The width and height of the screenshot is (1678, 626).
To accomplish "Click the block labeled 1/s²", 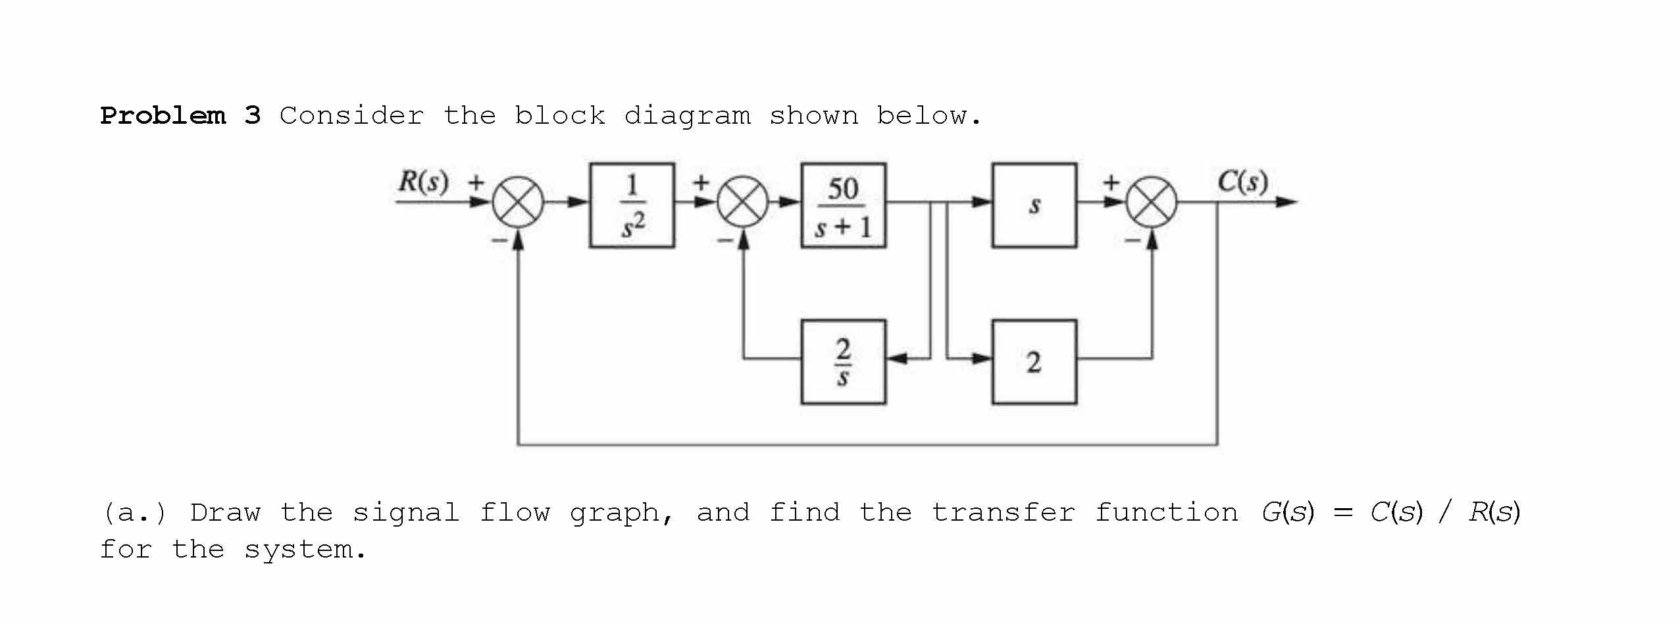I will (632, 205).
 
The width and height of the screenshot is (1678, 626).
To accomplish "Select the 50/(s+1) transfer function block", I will (843, 205).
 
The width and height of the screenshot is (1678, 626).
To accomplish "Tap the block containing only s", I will (1034, 205).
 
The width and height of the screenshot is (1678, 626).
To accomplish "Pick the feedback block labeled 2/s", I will (843, 361).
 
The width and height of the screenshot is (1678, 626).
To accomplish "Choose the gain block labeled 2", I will (1034, 361).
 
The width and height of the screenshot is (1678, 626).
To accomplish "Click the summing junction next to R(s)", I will (519, 202).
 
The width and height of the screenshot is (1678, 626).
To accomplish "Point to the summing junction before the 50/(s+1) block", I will (743, 202).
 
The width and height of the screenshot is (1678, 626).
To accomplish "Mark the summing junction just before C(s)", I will (1152, 202).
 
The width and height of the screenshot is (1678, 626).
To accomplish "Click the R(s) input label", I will (423, 181).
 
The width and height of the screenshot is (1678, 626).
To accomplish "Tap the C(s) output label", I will (1242, 181).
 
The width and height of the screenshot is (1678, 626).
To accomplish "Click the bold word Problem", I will (163, 116).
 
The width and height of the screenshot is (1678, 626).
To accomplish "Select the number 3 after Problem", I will (253, 116).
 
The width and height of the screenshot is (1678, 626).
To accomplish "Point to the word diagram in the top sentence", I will (687, 116).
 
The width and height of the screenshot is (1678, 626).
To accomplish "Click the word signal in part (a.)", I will (405, 512).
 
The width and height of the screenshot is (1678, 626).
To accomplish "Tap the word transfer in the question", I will (1004, 512).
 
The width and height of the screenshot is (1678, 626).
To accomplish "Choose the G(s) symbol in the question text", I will (1287, 512).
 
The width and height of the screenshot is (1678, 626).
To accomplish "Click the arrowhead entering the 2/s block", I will (896, 359).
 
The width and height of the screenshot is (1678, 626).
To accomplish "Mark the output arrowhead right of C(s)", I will (1286, 202).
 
